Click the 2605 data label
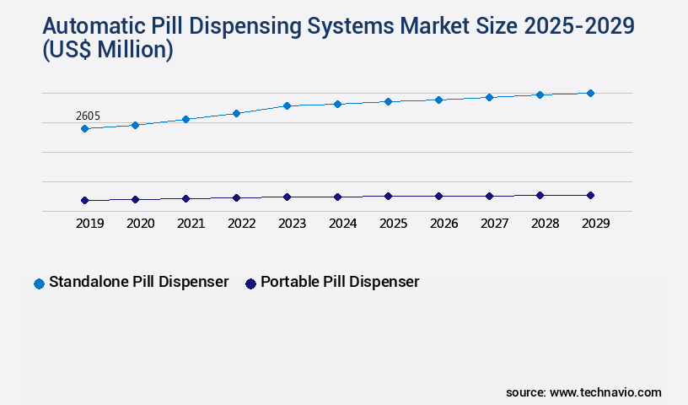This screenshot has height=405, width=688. coord(89,116)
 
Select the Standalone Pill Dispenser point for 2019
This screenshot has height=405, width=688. coord(84,128)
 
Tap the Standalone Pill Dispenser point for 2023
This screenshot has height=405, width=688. coord(287,105)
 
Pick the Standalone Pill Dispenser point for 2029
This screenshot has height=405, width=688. coord(590,93)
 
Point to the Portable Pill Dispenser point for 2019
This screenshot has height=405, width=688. coord(84,200)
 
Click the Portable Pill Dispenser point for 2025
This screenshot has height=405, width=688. coord(388,196)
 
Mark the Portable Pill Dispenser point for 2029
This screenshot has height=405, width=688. coord(590,195)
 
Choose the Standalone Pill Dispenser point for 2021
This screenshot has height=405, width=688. coord(185,119)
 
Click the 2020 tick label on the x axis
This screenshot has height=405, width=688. coord(140,224)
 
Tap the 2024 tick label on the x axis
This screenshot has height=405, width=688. coord(342,224)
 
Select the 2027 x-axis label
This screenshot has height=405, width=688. coord(494,224)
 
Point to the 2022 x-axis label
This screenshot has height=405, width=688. coord(241,224)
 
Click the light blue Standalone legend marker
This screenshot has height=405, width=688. coord(39,283)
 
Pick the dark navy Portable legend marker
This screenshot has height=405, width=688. coord(250,283)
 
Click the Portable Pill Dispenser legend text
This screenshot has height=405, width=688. coord(340,282)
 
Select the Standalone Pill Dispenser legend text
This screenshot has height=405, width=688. coord(139,282)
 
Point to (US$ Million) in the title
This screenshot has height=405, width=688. coord(107,51)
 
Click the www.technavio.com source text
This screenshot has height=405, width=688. coord(605,392)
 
